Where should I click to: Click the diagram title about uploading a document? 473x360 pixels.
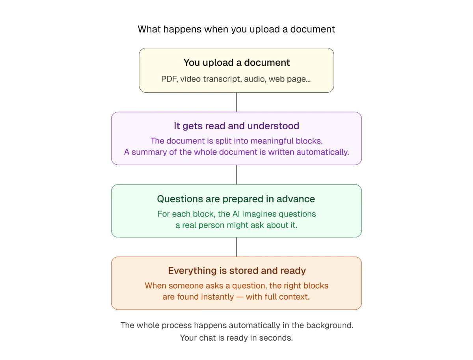tap(236, 29)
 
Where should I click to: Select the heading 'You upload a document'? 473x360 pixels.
tap(236, 63)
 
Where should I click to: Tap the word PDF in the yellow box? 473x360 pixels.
tap(169, 79)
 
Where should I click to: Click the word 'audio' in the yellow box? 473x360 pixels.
tap(255, 79)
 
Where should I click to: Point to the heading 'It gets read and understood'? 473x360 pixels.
tap(236, 126)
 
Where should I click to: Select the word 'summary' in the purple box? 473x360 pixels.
tap(149, 152)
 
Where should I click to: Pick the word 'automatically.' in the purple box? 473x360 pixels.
tap(323, 152)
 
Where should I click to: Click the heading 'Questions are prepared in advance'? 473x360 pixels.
tap(236, 199)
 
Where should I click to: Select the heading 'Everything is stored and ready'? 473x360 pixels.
tap(237, 271)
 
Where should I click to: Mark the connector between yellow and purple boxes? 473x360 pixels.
tap(236, 102)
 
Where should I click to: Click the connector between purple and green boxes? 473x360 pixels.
tap(236, 175)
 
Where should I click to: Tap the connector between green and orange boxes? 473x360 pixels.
tap(236, 247)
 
